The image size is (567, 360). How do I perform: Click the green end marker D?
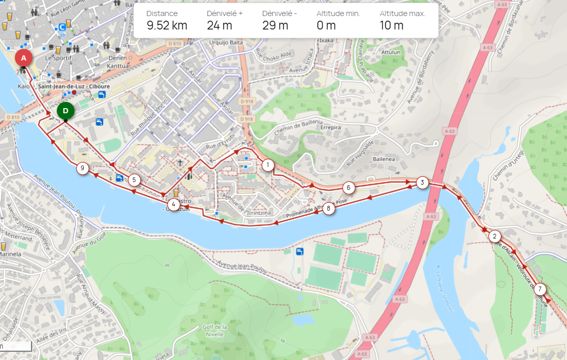65,110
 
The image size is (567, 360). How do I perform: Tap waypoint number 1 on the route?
267,166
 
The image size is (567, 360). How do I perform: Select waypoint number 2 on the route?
495,236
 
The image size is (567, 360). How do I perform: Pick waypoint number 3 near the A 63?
422,183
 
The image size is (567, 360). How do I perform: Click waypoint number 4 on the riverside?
173,204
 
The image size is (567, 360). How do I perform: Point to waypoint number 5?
134,180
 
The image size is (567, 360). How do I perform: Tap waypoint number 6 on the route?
349,188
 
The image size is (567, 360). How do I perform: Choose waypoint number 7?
540,289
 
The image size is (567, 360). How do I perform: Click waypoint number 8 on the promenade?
328,209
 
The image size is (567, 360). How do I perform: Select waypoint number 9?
82,168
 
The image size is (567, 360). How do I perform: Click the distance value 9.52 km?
166,25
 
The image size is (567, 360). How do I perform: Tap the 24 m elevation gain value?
219,25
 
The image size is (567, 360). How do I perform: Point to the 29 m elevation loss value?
275,25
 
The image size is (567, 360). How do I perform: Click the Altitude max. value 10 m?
391,25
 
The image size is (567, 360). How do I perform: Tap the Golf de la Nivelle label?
214,331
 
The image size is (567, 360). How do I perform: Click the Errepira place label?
330,127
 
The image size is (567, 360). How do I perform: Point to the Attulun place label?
391,52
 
